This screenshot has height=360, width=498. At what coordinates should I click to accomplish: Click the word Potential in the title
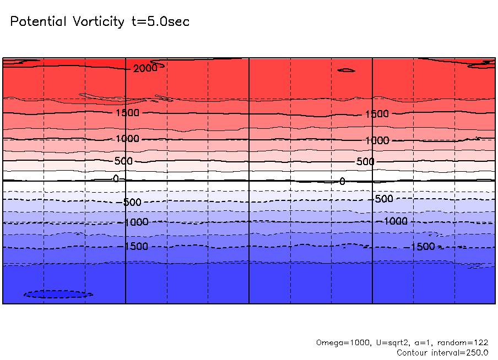(39, 22)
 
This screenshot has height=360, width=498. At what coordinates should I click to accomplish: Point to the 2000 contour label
(145, 68)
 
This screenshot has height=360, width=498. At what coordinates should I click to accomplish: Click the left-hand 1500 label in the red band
(127, 113)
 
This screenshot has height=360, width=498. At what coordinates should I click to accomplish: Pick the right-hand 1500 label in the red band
(377, 114)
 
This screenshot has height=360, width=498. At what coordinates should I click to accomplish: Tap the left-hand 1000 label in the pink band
(127, 139)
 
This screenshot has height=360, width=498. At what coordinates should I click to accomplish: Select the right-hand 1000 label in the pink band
(377, 140)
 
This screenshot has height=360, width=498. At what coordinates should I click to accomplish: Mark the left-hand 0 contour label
(116, 178)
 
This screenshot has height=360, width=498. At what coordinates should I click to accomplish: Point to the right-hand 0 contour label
(342, 181)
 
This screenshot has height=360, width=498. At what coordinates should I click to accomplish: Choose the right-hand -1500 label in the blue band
(423, 247)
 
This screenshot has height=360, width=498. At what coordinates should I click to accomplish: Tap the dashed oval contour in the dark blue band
(58, 294)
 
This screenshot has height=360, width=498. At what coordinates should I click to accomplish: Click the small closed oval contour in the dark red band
(346, 70)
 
